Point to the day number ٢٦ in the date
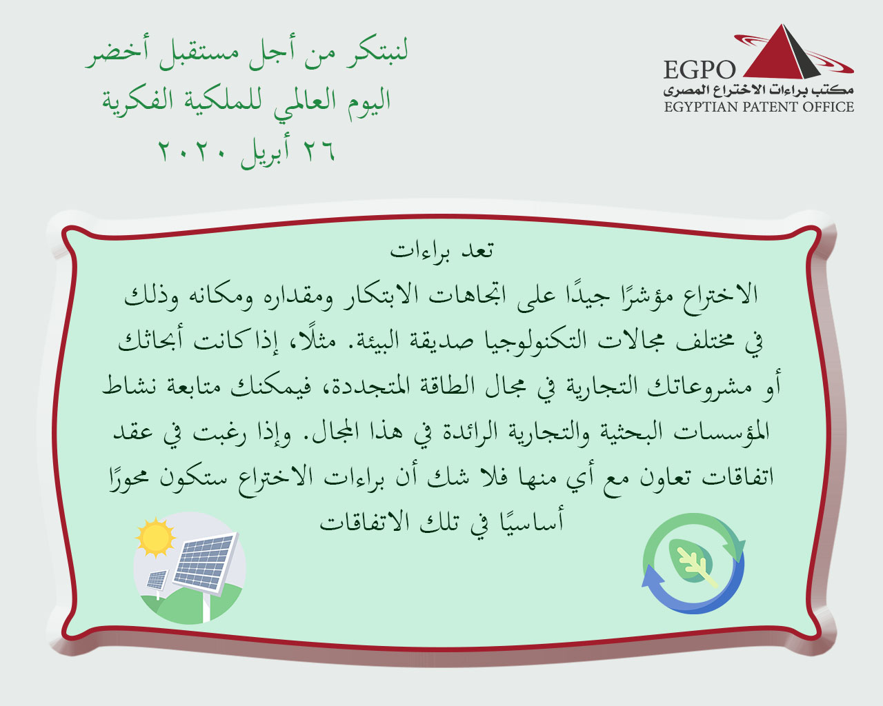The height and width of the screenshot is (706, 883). click(319, 151)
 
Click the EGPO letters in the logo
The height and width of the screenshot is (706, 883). click(699, 70)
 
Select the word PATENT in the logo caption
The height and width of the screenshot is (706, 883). click(769, 107)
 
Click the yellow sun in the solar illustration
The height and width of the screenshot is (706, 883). click(155, 537)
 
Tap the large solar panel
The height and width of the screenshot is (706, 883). click(204, 563)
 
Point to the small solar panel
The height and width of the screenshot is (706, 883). click(157, 579)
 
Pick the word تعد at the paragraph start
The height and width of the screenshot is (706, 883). click(477, 250)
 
